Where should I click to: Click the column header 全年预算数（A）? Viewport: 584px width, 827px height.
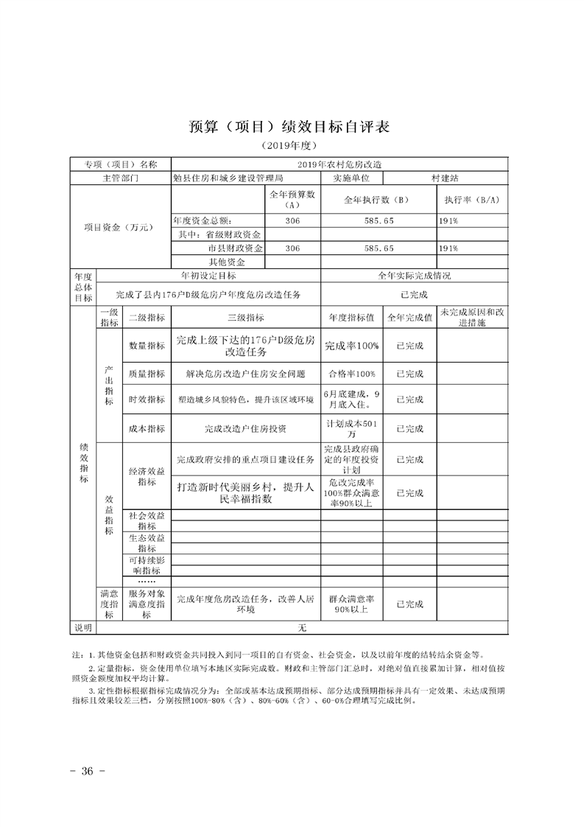[292, 199]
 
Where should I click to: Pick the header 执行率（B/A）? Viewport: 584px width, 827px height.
[471, 200]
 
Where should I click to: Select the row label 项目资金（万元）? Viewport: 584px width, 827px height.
[119, 227]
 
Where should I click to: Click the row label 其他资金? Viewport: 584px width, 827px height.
[227, 262]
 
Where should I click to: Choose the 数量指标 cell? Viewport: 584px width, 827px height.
[147, 345]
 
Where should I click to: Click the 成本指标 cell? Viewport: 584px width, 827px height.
[147, 428]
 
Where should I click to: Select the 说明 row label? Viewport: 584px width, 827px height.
[82, 627]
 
